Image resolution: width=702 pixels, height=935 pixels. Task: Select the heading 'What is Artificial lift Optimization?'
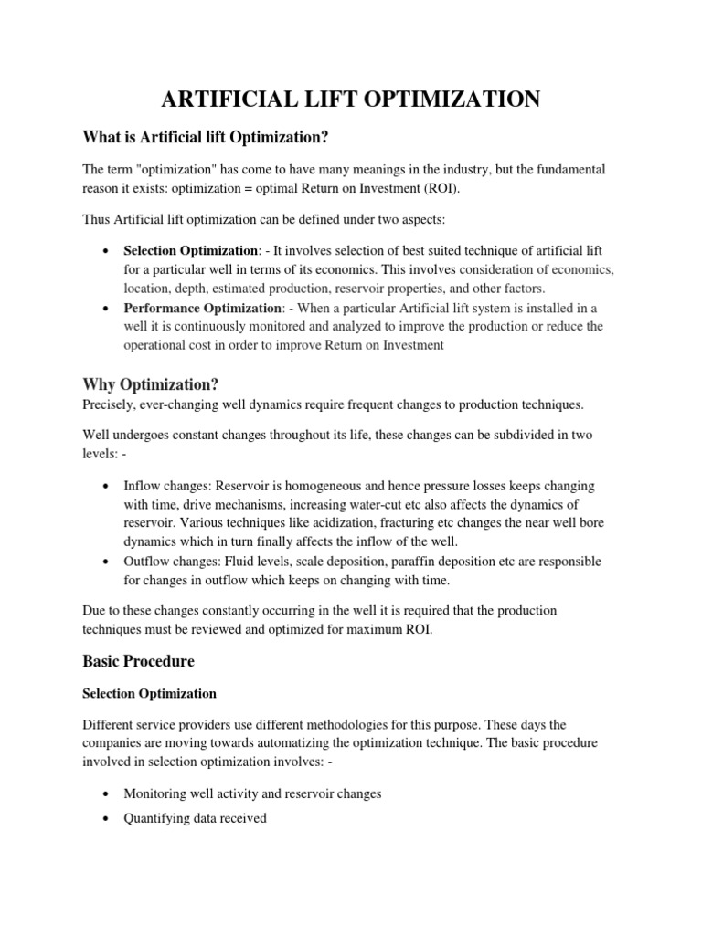(206, 137)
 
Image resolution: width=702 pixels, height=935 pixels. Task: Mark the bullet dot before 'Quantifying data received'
(108, 819)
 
